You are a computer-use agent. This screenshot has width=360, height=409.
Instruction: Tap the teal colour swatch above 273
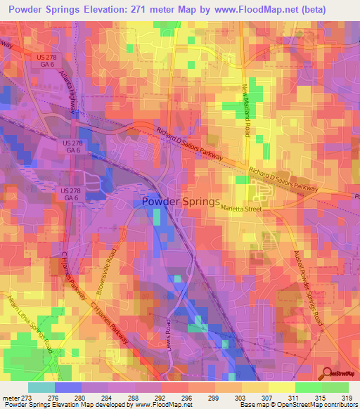pyautogui.click(x=41, y=387)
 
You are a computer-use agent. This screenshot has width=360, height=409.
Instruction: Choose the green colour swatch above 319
pyautogui.click(x=335, y=387)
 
